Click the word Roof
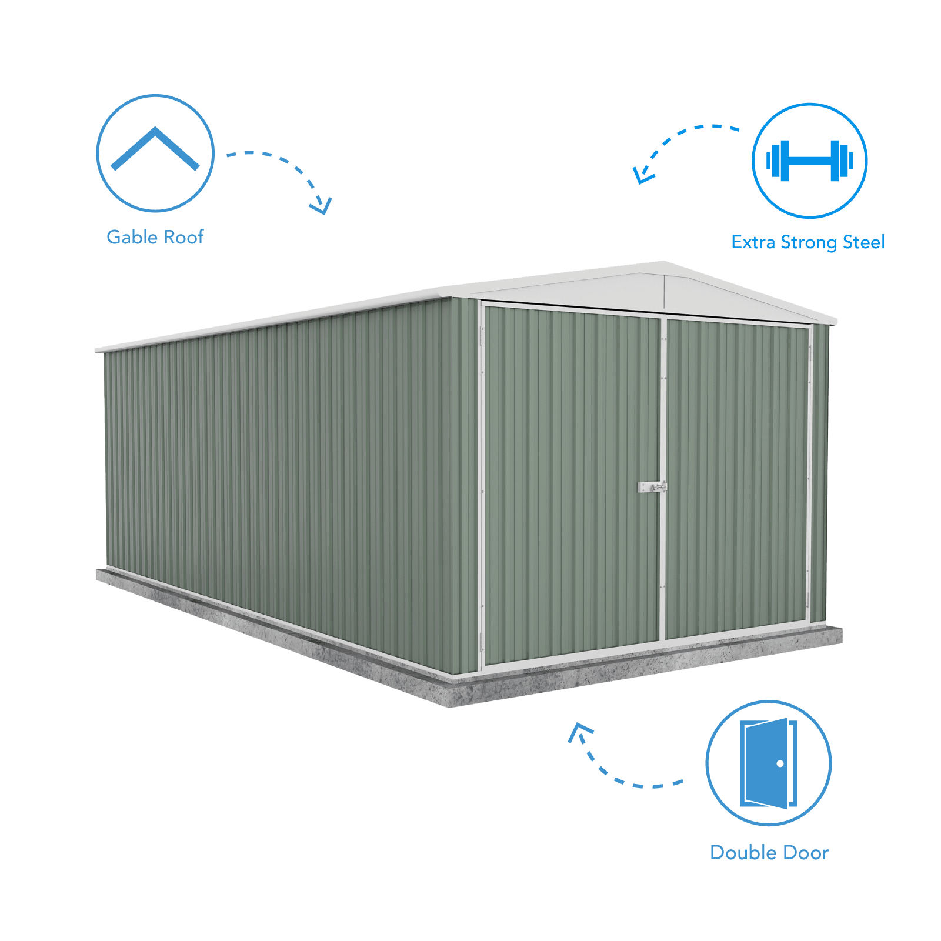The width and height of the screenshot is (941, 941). coord(184,237)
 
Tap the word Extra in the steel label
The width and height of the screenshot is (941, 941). coord(753,242)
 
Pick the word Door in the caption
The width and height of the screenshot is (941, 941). coord(802,853)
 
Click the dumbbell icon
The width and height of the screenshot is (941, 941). coord(810,161)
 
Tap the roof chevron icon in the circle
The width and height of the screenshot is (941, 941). coord(155,148)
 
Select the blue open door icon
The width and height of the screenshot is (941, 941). coord(769,763)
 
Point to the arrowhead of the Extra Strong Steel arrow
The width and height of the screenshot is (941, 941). coord(642,175)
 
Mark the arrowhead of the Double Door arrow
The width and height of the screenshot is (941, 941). coord(579,731)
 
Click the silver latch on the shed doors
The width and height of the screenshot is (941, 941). coord(652,487)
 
